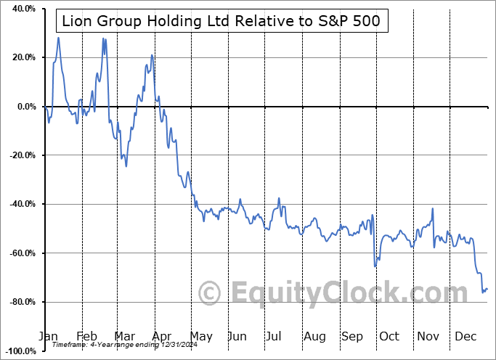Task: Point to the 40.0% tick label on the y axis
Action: point(21,9)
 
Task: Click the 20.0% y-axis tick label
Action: point(21,57)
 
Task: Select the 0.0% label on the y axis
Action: point(23,107)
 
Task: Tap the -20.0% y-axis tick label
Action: point(20,155)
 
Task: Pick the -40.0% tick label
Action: point(20,204)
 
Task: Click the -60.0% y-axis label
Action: point(20,253)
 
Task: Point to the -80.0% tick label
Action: point(20,302)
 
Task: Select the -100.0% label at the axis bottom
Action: point(18,351)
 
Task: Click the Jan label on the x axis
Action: point(48,337)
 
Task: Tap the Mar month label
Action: point(125,337)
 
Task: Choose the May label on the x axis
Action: point(200,337)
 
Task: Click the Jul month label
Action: point(275,337)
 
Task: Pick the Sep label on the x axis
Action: point(352,337)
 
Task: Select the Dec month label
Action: point(465,337)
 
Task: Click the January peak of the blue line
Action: point(58,38)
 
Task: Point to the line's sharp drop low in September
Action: point(375,266)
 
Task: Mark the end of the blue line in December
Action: point(487,289)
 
